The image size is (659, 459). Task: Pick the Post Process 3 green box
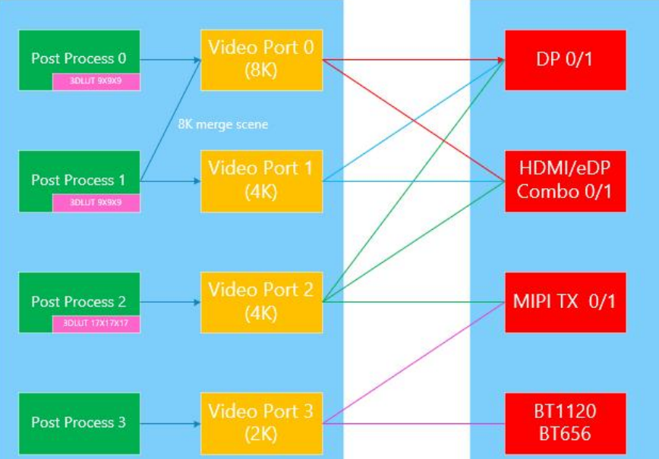[x=78, y=423]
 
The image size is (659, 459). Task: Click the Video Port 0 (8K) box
[x=260, y=59]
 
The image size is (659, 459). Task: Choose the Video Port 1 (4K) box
[x=260, y=181]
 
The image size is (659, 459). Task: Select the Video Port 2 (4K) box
[x=260, y=302]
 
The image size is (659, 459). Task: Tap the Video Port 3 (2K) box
[x=260, y=423]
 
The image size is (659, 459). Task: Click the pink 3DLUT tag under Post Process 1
[x=96, y=203]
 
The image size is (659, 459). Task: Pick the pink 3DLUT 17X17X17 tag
[x=96, y=324]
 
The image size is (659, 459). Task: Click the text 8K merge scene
[x=222, y=124]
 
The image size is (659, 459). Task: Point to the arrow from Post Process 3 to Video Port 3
[x=170, y=423]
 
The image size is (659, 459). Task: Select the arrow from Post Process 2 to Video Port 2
[x=170, y=302]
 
